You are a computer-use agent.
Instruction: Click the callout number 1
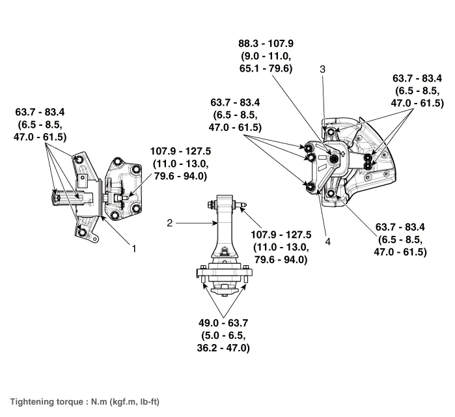pyautogui.click(x=134, y=248)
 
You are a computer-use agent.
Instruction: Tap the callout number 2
pyautogui.click(x=169, y=223)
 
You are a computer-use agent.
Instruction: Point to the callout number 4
pyautogui.click(x=328, y=241)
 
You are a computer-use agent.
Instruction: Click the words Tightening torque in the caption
pyautogui.click(x=44, y=401)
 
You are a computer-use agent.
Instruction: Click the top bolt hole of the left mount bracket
pyautogui.click(x=79, y=160)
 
